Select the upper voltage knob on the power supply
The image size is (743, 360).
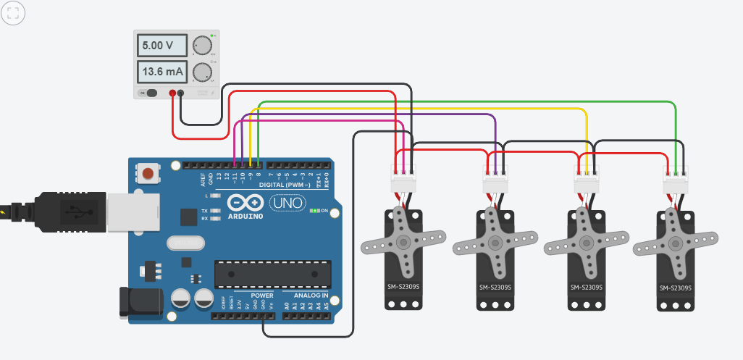[202, 45]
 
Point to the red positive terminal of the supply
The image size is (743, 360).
[172, 93]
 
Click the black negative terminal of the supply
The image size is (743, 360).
[181, 93]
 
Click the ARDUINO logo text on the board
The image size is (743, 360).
[245, 216]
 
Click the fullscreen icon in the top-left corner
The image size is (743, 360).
[14, 13]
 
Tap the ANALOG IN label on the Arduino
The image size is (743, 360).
[310, 296]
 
